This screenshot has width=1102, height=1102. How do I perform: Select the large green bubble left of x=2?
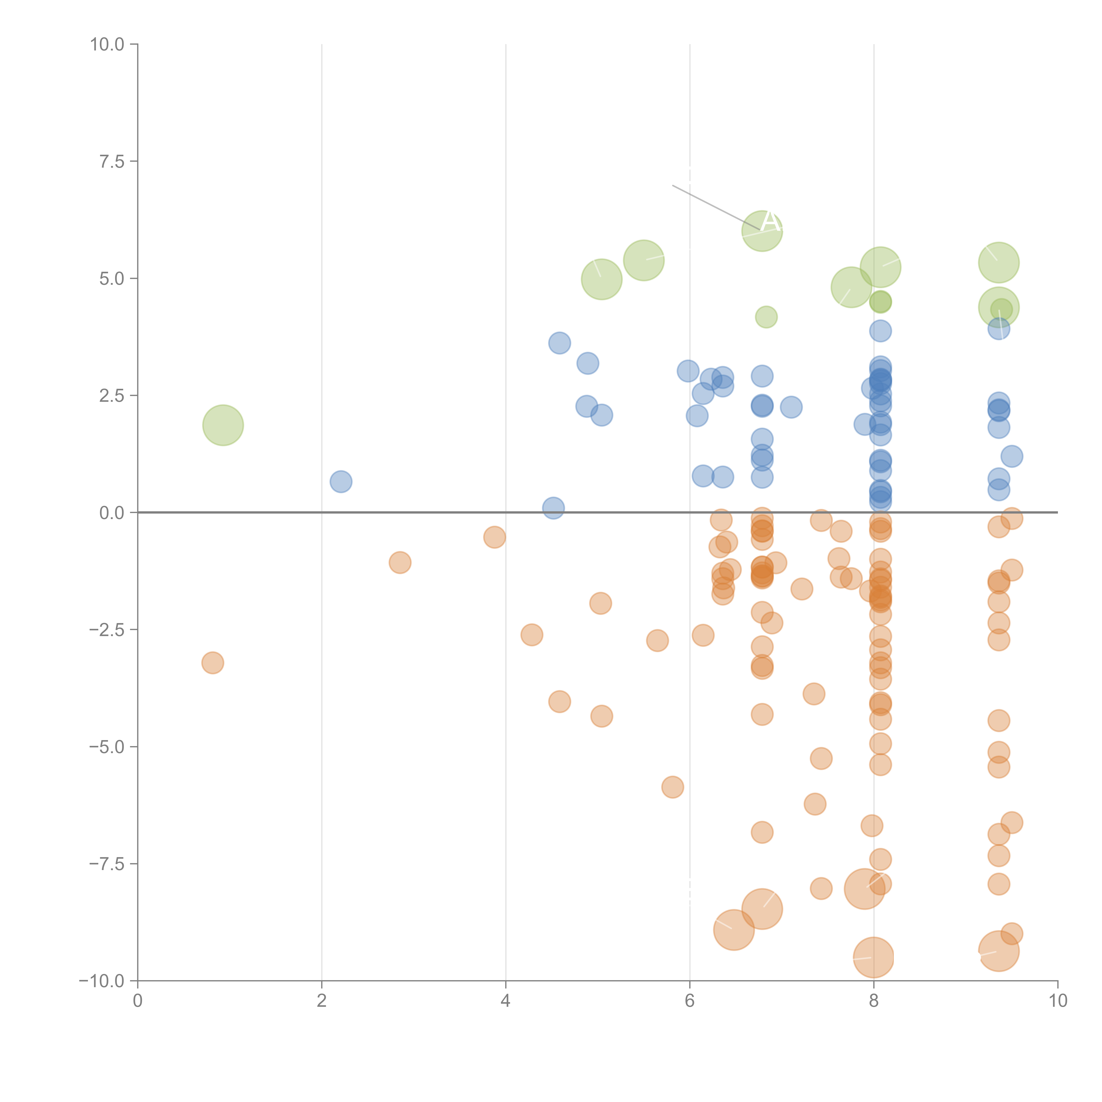click(x=223, y=425)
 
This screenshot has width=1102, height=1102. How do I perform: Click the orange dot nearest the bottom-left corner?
click(x=213, y=663)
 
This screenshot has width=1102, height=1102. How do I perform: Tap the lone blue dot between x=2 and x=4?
click(x=341, y=482)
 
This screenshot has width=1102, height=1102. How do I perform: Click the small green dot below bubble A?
click(x=766, y=317)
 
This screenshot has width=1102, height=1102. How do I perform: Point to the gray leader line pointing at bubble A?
click(x=713, y=207)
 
